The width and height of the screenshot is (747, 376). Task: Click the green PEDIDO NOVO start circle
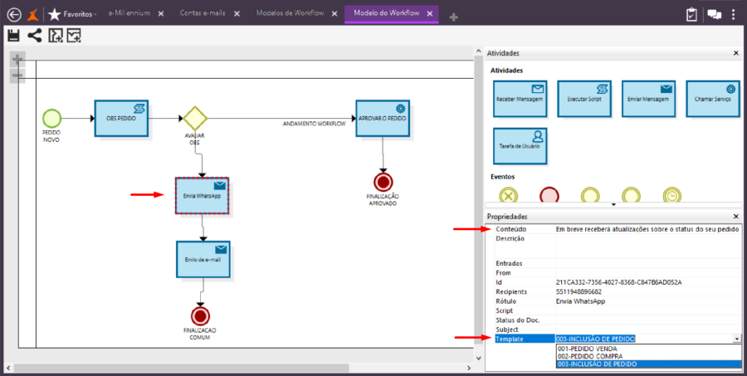tap(51, 118)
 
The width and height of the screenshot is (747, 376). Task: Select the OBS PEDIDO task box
tap(120, 119)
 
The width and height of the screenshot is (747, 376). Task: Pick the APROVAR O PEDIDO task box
tap(383, 119)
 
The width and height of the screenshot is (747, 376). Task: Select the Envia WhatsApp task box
tap(203, 196)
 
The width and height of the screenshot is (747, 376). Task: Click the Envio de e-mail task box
tap(203, 260)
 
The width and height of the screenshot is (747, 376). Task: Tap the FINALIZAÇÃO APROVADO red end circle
tap(383, 181)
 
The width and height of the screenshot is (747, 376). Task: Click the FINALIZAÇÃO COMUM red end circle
tap(199, 315)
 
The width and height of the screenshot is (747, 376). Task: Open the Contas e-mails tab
tap(201, 14)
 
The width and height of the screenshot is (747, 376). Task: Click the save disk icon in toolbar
tap(13, 35)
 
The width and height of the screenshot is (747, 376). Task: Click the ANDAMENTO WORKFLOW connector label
tap(314, 124)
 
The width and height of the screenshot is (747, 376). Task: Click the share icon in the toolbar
tap(34, 35)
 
